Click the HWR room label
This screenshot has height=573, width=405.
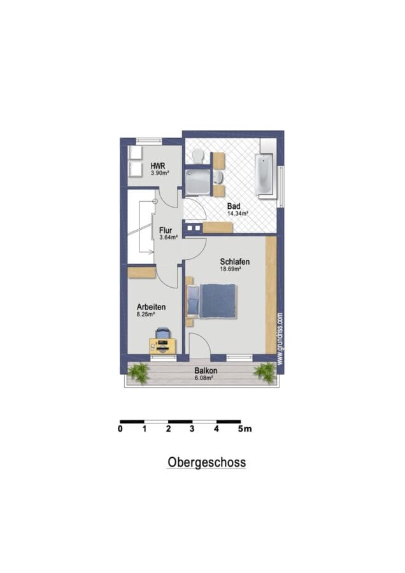click(157, 166)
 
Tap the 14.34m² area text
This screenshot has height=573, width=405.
click(238, 213)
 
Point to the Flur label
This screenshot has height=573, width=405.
click(166, 230)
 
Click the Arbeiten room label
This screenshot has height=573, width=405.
click(151, 307)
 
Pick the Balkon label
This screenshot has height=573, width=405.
click(206, 371)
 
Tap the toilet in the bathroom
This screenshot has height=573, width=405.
click(198, 155)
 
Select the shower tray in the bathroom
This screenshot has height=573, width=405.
click(198, 181)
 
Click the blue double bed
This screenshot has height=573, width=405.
click(211, 301)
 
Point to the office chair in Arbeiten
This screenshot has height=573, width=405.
click(162, 334)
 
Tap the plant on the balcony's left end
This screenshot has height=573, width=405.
click(139, 373)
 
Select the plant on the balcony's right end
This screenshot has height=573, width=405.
click(265, 372)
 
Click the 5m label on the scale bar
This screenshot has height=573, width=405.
click(245, 428)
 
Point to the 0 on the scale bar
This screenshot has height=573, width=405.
click(120, 428)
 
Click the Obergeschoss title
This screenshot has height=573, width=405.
click(206, 462)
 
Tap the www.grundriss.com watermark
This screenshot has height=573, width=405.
click(280, 338)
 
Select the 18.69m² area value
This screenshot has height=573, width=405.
click(231, 269)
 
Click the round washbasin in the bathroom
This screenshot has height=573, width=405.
click(219, 177)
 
